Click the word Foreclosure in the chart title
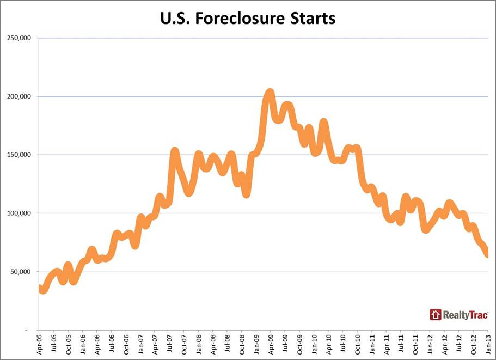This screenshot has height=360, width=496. (249, 18)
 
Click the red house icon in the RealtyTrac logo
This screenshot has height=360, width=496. (435, 314)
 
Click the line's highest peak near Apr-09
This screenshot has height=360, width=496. (270, 93)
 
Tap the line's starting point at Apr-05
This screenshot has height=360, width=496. (40, 288)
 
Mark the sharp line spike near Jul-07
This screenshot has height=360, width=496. (174, 151)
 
